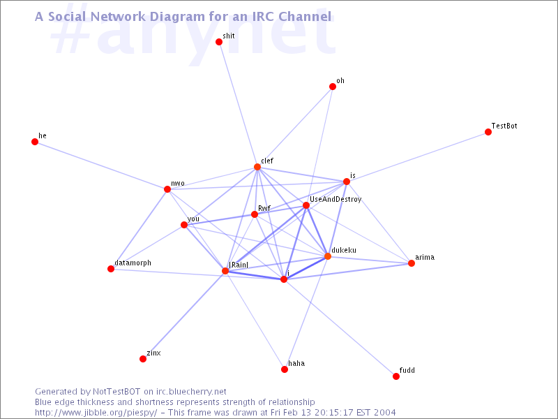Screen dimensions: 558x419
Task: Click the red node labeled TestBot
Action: tap(488, 132)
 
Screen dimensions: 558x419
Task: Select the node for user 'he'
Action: tap(35, 142)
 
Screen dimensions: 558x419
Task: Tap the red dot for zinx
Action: tap(143, 359)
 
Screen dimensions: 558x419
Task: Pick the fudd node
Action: tap(396, 376)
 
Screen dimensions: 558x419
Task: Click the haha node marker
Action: tap(285, 369)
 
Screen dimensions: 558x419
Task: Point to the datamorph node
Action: tap(111, 269)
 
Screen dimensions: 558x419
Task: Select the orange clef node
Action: tap(257, 167)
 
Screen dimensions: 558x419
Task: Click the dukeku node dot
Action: tap(328, 256)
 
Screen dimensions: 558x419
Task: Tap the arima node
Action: tap(412, 263)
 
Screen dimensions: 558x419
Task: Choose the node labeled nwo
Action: tap(167, 189)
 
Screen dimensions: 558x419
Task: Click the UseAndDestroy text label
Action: tap(335, 200)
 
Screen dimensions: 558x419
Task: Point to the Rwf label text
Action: tap(264, 208)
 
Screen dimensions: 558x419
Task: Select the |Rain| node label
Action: tap(239, 265)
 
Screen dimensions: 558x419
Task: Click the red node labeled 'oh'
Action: tap(333, 87)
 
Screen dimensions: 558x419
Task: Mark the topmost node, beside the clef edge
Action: tap(219, 42)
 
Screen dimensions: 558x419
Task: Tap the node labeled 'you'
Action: tap(184, 225)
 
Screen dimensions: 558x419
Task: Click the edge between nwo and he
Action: tap(101, 166)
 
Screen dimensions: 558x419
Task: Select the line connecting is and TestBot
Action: tap(417, 156)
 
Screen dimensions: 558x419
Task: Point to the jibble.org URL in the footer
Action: tap(96, 413)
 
